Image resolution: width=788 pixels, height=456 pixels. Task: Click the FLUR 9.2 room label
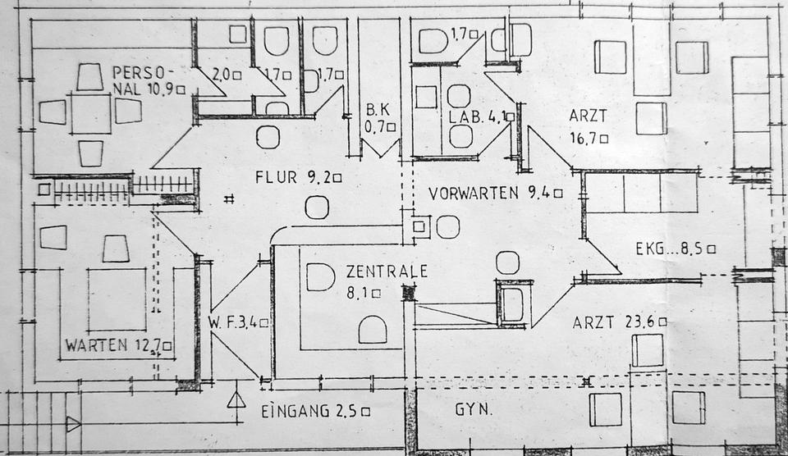[x=297, y=176]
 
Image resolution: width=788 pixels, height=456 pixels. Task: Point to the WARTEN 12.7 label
[x=118, y=344]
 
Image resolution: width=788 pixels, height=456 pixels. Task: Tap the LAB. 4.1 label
[x=480, y=117]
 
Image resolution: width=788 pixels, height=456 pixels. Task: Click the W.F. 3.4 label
[x=238, y=322]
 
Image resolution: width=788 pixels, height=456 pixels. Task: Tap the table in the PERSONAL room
[x=90, y=113]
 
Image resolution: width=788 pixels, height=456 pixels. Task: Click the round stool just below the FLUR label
[x=317, y=207]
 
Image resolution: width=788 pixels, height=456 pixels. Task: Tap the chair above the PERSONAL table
[x=89, y=76]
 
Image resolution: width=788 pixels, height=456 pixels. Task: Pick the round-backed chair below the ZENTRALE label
[x=373, y=330]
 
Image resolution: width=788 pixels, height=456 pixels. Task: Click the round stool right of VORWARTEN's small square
[x=447, y=226]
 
